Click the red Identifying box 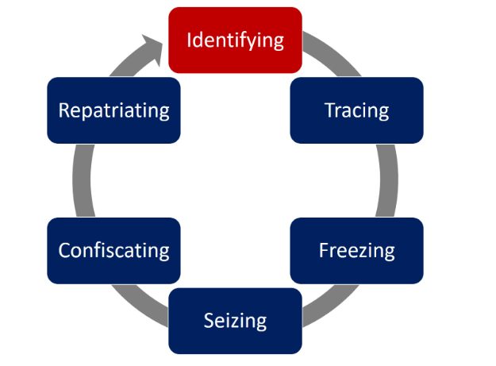click(x=235, y=40)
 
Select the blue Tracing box click(x=356, y=110)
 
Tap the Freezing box click(x=356, y=251)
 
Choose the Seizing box click(x=235, y=321)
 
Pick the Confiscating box click(x=113, y=251)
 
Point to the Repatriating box click(x=113, y=110)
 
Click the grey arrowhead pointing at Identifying click(x=150, y=43)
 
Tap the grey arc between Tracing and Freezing click(x=391, y=180)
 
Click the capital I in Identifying click(x=189, y=40)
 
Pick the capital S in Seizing click(x=209, y=321)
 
